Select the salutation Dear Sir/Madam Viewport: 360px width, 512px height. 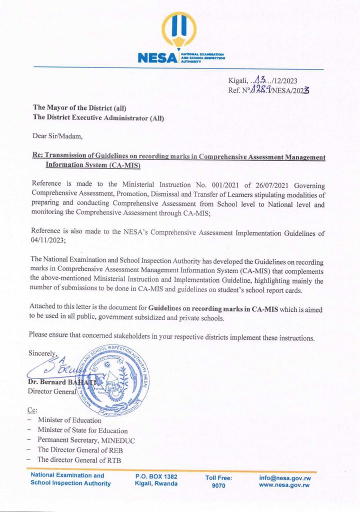[55, 136]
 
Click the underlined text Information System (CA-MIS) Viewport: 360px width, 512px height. [92, 165]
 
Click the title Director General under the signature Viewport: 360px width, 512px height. [51, 392]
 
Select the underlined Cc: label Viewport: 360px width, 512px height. [32, 410]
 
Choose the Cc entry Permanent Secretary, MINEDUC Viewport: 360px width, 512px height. [86, 440]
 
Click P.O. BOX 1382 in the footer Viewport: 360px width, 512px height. [156, 477]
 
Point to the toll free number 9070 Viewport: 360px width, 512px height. [218, 485]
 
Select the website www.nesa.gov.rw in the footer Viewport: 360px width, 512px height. [284, 485]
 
